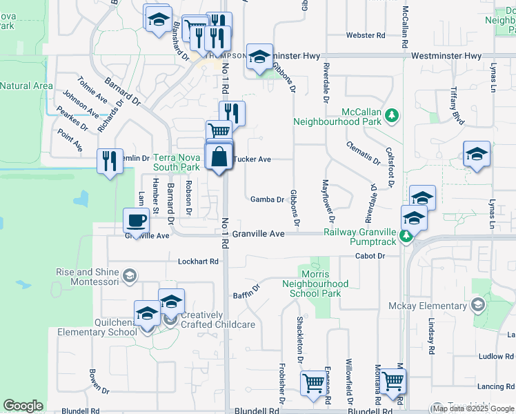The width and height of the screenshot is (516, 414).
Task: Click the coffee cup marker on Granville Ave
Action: [x=136, y=220]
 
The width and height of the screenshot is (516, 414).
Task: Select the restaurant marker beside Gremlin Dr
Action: [x=110, y=161]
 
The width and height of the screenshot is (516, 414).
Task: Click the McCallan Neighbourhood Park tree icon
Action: [x=393, y=115]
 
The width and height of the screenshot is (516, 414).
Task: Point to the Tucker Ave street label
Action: [x=252, y=159]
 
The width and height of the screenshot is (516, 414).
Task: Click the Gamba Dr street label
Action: [x=267, y=199]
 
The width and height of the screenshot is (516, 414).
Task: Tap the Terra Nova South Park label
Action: [x=176, y=162]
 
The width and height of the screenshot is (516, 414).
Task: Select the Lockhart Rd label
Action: [x=198, y=262]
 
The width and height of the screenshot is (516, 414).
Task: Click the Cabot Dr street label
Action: [x=371, y=255]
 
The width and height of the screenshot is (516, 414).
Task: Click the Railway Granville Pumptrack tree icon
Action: [x=406, y=237]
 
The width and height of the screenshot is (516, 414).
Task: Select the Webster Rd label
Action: [x=364, y=35]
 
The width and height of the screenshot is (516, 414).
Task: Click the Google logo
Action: [x=23, y=406]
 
